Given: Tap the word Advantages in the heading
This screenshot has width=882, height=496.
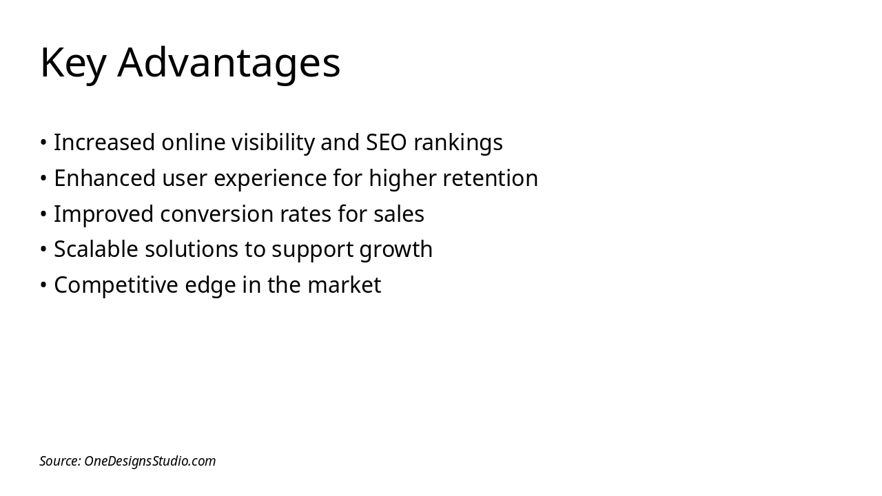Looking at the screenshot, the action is [229, 63].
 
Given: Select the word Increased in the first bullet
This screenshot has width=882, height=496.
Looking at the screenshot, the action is [104, 142].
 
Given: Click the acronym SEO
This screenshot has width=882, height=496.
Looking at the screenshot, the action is [387, 142].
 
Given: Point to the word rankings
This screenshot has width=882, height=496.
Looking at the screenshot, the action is [458, 143].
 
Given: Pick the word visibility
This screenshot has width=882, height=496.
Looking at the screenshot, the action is [273, 143].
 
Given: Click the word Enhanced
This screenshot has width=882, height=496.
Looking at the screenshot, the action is [105, 178].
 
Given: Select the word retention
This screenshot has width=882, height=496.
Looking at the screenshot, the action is [491, 178].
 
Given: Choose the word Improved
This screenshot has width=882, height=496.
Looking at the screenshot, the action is [103, 214].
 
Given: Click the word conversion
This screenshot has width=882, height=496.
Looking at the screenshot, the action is [216, 214].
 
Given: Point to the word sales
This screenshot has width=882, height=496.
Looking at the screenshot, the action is [399, 214].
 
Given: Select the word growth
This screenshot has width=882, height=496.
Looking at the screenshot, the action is [396, 250].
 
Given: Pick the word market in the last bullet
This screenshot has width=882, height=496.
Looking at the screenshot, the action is [345, 285].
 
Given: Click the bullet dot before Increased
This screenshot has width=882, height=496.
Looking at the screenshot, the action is [43, 142].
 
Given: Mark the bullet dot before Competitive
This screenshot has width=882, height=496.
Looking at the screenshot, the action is [43, 285].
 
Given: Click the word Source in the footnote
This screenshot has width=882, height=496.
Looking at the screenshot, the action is [60, 461].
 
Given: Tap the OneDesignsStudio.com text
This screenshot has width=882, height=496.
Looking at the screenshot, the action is [150, 462].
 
